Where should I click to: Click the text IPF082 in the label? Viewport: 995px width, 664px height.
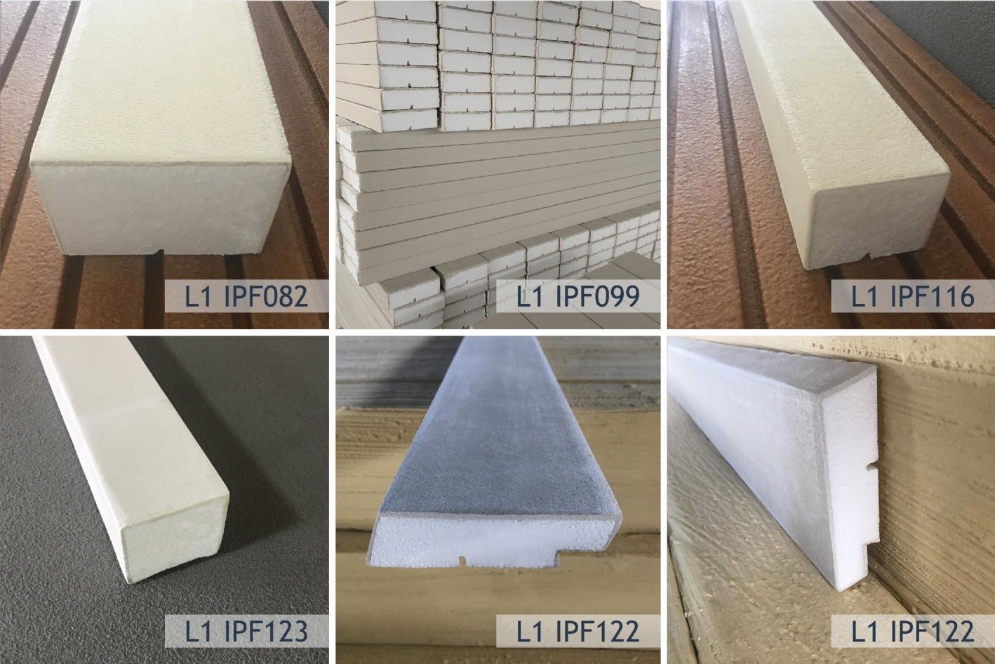pyautogui.click(x=266, y=296)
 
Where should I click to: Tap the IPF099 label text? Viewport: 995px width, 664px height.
pyautogui.click(x=597, y=296)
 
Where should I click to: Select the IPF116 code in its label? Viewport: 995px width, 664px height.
pyautogui.click(x=933, y=296)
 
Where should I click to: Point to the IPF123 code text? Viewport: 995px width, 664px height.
pyautogui.click(x=266, y=631)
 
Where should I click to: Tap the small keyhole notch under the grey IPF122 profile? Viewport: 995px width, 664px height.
pyautogui.click(x=462, y=559)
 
